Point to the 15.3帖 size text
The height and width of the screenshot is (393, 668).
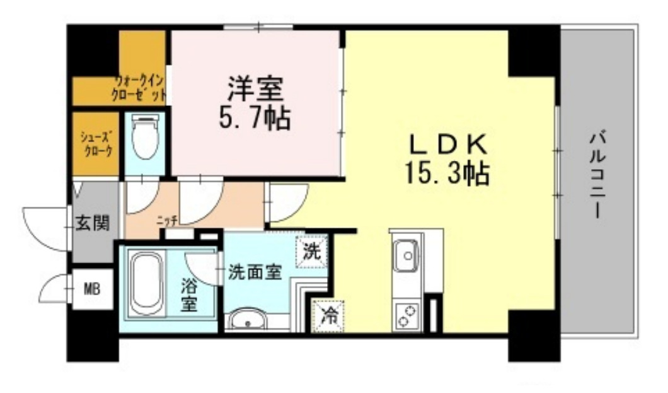point(448,173)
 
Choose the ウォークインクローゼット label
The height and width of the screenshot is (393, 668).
point(141,88)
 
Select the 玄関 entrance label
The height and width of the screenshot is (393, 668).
point(93,223)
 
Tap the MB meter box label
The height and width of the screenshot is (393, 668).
point(93,290)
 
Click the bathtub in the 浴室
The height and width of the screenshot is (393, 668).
point(146,284)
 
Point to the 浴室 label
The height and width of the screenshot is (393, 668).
point(188,294)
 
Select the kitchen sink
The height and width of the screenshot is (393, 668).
point(407,255)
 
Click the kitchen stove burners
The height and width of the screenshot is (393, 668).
point(407,315)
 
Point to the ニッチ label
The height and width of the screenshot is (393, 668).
point(166,220)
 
